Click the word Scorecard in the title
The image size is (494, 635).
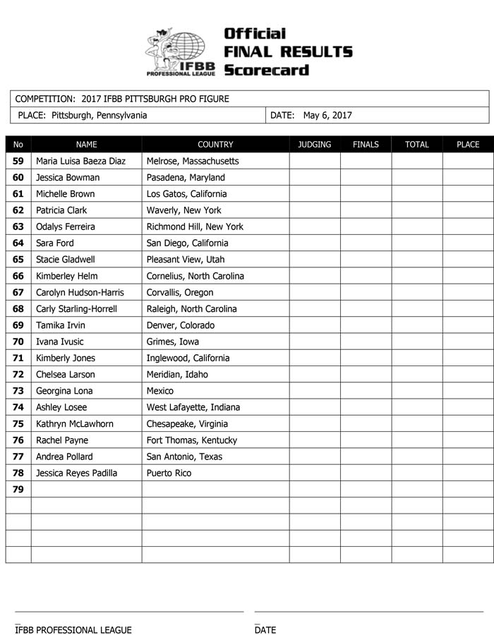coord(266,70)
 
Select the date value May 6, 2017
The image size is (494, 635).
coord(327,116)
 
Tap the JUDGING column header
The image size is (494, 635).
coord(314,145)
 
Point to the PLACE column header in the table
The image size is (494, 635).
coord(468,145)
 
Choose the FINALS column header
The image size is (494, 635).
coord(366,145)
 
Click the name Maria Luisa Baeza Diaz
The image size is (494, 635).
coord(80,161)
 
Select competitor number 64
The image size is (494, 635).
coord(18,243)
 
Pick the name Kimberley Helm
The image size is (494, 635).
coord(67,276)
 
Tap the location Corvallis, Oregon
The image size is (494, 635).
coord(179,293)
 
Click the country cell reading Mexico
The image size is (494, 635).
coord(159,391)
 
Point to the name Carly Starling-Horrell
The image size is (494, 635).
coord(76,309)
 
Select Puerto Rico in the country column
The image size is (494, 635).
coord(169,473)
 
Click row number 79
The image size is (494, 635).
coord(18,490)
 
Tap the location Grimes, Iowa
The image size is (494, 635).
coord(172,341)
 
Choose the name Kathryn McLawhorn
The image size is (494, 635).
coord(74,424)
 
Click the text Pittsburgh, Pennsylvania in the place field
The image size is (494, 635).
coord(100,116)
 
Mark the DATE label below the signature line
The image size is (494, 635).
coord(265,630)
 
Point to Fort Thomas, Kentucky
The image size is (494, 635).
coord(191,440)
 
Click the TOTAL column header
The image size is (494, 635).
coord(417,145)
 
